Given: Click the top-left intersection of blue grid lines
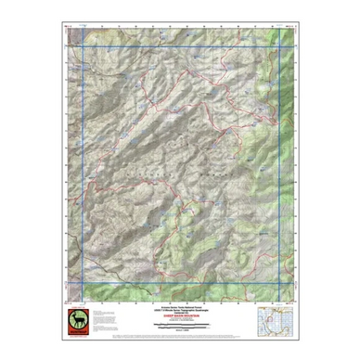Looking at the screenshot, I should coord(84,45).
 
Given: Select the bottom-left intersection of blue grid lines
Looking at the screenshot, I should coord(84,283).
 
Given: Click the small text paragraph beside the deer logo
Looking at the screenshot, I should coord(116,322).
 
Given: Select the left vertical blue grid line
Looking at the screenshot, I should coord(84,167).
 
